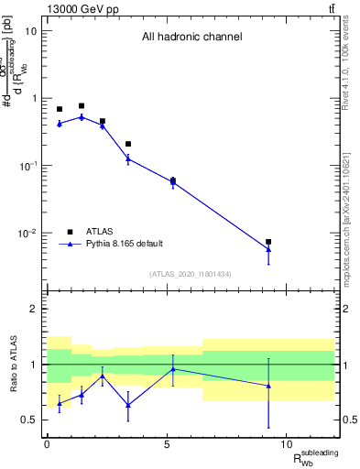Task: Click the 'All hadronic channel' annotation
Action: pos(191,38)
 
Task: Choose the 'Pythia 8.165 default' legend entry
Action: pos(124,244)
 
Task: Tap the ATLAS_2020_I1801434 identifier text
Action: pos(191,274)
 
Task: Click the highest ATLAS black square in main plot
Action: pos(82,106)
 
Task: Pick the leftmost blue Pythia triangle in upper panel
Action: pos(60,123)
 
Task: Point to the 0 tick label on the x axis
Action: pos(47,442)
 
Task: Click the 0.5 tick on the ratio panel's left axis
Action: pos(28,420)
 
